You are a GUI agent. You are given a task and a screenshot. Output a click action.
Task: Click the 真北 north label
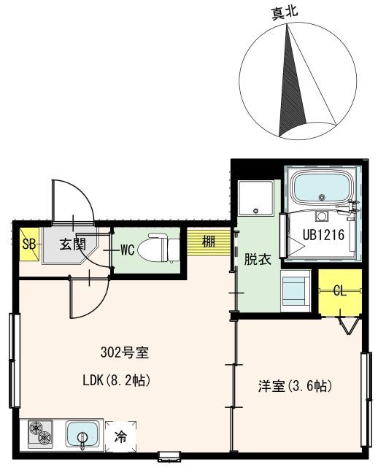tap(284, 13)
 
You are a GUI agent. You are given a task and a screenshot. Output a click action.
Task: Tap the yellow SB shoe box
tap(29, 244)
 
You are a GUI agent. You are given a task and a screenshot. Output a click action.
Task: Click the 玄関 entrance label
tap(73, 244)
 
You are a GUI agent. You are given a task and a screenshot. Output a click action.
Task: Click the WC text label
tap(128, 250)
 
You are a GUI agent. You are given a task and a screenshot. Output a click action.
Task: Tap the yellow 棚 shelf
tap(209, 242)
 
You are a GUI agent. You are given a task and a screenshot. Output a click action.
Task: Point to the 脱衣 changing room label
tap(258, 260)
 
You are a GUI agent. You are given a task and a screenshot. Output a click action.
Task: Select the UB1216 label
tap(323, 235)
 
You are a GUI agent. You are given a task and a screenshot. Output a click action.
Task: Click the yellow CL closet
tap(340, 291)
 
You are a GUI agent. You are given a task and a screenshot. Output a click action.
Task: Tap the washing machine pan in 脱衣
tap(256, 198)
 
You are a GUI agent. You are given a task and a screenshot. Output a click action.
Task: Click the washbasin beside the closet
tap(296, 290)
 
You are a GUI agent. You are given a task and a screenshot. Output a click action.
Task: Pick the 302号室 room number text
tap(125, 353)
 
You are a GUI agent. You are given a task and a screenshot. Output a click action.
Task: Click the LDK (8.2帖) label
tap(116, 381)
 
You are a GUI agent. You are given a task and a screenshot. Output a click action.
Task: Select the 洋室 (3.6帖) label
tap(295, 386)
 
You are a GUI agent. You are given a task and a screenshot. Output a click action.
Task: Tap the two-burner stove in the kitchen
tap(41, 433)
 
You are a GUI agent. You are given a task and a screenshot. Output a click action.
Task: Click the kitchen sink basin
tap(82, 434)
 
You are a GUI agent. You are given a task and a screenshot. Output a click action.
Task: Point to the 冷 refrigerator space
tap(120, 437)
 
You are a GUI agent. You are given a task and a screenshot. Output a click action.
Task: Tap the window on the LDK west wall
tap(14, 360)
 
